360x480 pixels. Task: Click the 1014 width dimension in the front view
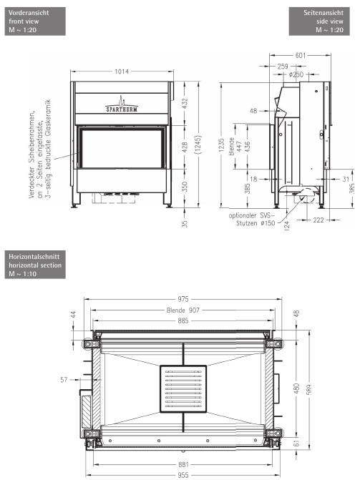122,72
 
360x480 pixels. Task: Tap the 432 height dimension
185,104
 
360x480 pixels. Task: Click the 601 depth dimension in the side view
301,55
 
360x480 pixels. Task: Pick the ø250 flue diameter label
296,74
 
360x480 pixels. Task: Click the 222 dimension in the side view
318,220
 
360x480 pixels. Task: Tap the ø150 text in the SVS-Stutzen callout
268,223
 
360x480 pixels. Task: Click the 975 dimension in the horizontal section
183,299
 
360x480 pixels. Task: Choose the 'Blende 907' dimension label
183,310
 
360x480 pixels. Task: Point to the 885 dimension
183,320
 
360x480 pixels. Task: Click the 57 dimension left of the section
64,380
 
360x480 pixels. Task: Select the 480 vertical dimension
297,388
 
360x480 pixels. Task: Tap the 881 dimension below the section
183,465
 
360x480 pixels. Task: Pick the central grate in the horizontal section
183,388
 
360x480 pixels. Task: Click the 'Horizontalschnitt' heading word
34,257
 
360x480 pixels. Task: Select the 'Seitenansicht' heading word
323,13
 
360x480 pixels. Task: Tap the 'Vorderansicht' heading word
29,13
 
